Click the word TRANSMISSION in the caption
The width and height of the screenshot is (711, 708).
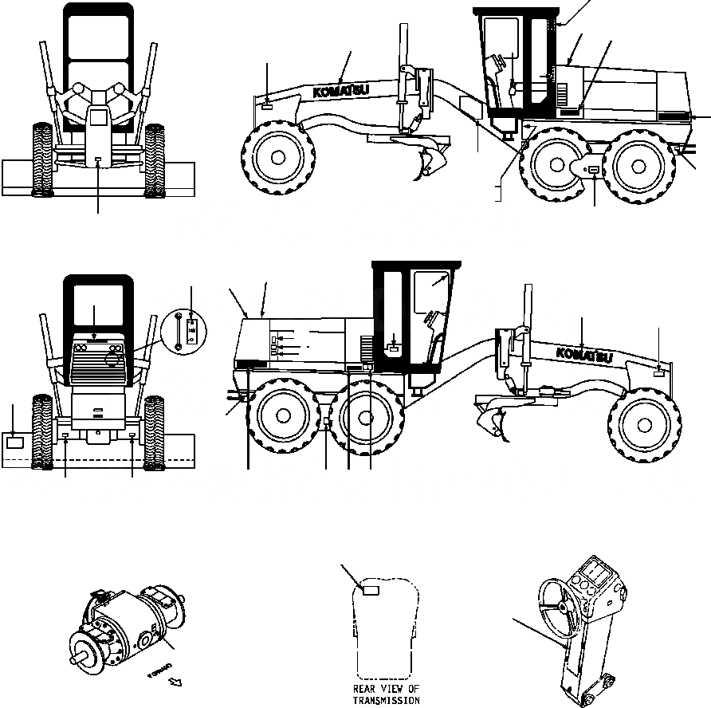387,700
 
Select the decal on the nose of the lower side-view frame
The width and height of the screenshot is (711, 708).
658,372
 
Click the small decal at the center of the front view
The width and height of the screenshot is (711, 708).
97,161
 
